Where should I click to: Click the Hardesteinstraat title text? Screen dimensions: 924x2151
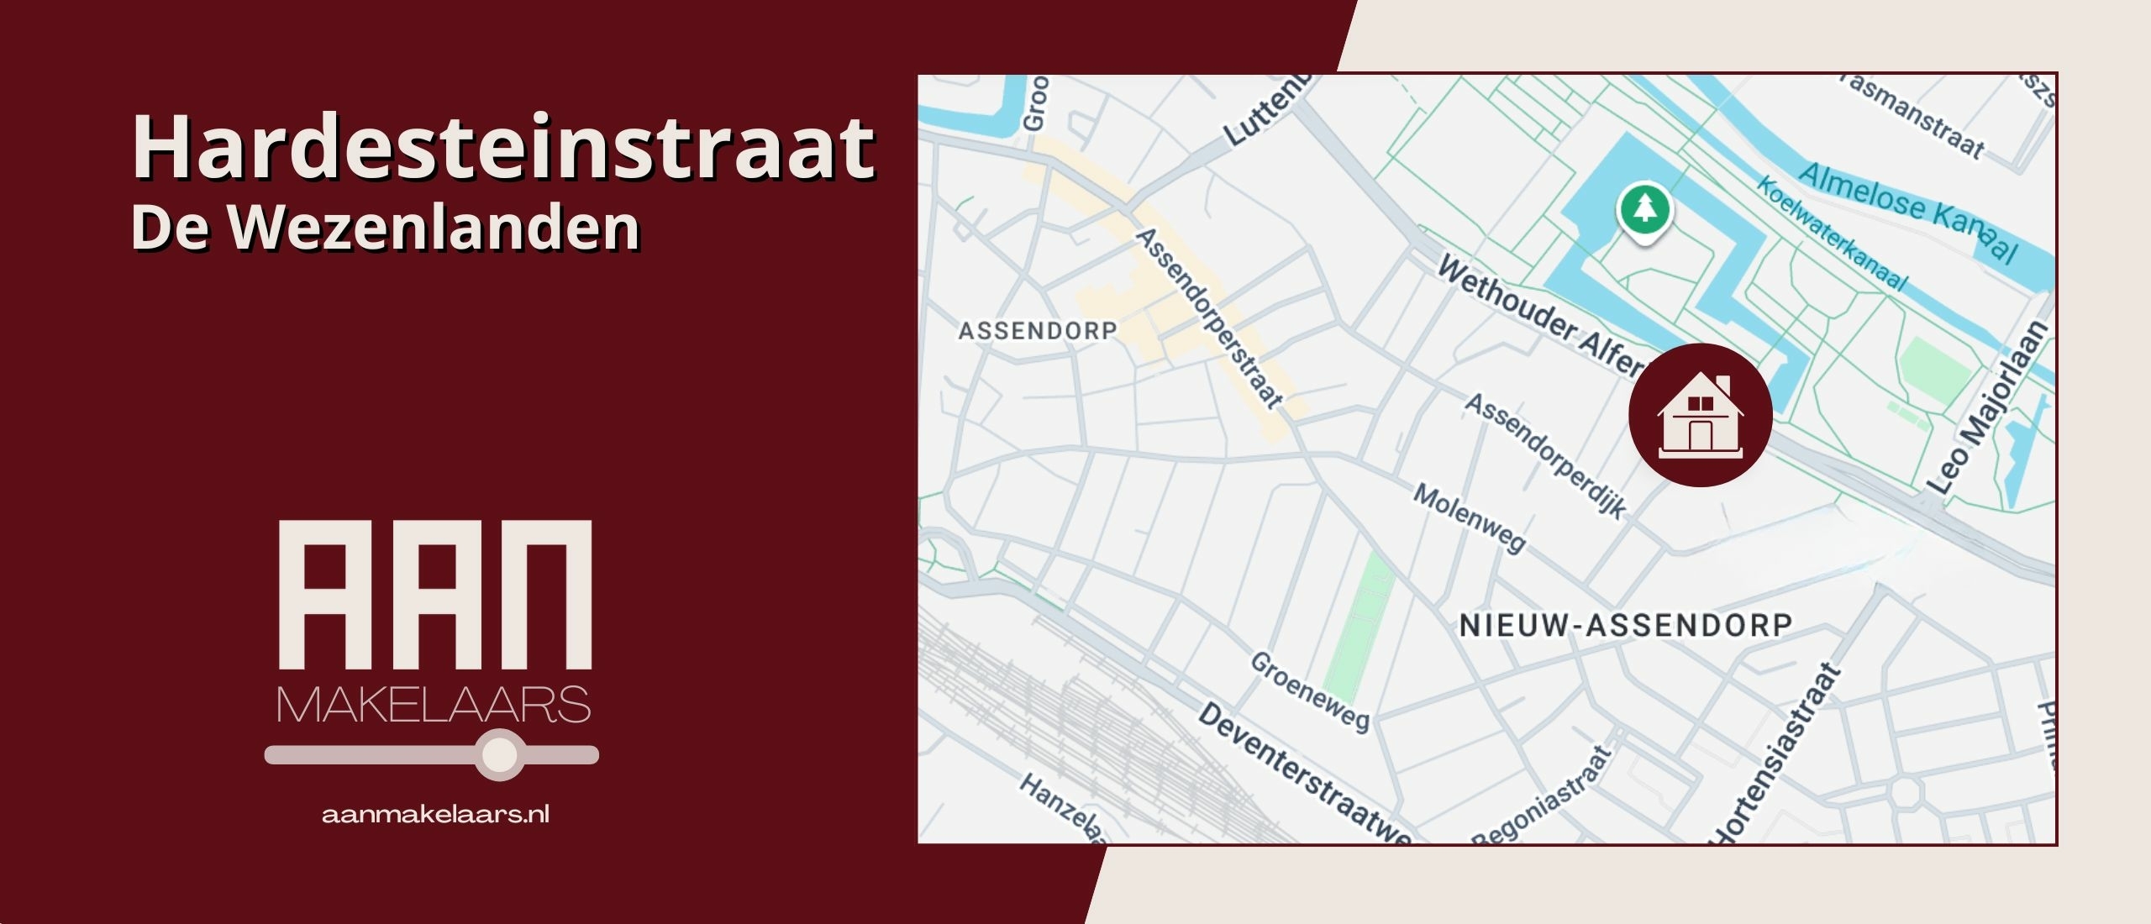tap(502, 149)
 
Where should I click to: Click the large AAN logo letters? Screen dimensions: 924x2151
tap(435, 595)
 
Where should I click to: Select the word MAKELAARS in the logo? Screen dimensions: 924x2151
tap(434, 705)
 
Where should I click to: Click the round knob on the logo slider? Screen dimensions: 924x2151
tap(500, 754)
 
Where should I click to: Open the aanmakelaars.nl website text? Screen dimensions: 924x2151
tap(435, 814)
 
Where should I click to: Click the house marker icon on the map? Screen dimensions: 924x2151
tap(1700, 415)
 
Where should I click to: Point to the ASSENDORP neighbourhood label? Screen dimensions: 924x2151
tap(1038, 331)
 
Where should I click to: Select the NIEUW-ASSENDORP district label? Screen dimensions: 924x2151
tap(1625, 625)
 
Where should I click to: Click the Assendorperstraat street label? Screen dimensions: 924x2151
tap(1210, 318)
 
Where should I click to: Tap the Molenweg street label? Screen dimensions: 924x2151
tap(1469, 517)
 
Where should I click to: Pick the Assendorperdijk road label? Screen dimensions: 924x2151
tap(1546, 454)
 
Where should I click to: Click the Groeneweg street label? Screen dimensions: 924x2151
tap(1310, 690)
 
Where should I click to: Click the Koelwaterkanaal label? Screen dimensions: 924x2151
tap(1832, 233)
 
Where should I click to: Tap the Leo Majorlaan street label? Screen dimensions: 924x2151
tap(1987, 407)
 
